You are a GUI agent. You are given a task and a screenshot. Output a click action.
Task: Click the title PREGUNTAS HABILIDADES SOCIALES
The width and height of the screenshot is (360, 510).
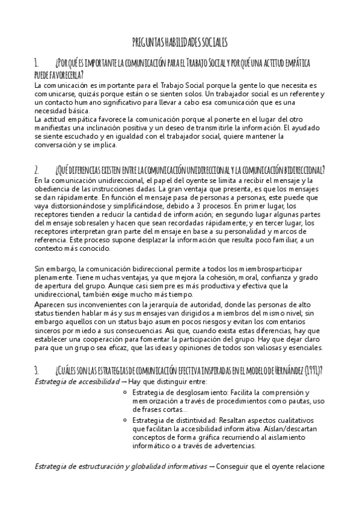pos(180,42)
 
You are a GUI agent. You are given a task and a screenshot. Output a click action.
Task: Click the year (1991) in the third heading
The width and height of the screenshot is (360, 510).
pos(314,370)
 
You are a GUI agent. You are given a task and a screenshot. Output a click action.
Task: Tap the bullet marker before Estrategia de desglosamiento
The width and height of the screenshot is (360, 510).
pos(123,393)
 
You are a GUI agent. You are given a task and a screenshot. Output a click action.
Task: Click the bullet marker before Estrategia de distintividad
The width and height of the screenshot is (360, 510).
pos(123,419)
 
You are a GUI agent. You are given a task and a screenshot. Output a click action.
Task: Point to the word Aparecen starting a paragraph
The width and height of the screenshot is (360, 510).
pos(50,306)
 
